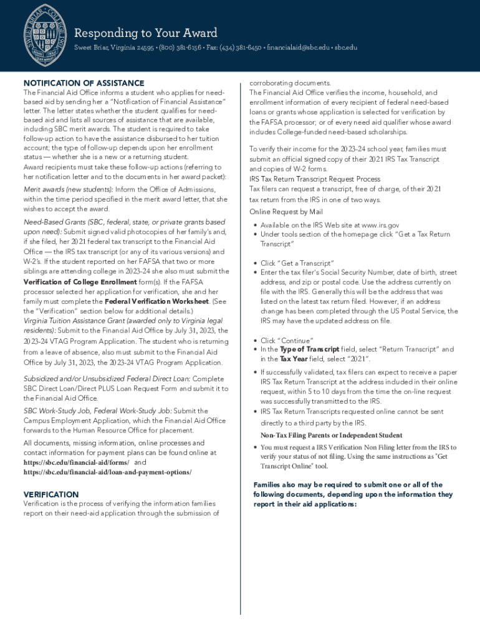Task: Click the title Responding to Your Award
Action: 145,33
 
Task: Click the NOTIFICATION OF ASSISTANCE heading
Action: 84,83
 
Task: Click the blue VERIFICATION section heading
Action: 51,494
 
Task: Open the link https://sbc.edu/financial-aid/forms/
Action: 76,462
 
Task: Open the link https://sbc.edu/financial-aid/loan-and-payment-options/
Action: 107,472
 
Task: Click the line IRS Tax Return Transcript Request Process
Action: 315,179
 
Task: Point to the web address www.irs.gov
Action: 380,225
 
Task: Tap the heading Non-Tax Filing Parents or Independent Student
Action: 331,435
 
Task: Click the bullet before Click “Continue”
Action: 255,341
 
